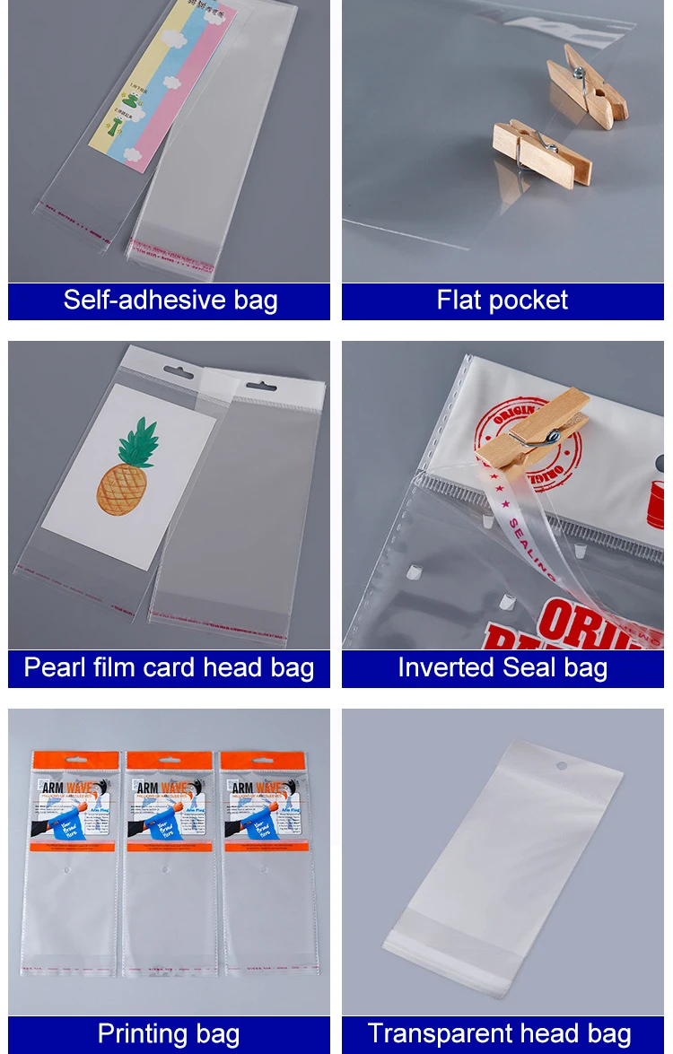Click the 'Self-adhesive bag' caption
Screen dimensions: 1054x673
(170, 301)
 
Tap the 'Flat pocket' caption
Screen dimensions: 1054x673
(503, 301)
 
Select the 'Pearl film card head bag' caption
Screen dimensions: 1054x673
(170, 668)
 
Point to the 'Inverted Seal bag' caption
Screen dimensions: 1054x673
(503, 668)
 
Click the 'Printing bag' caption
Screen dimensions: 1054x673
(170, 1034)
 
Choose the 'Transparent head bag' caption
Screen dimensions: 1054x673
(503, 1034)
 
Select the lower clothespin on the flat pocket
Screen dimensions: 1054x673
(541, 152)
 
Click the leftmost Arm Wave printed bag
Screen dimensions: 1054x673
(70, 861)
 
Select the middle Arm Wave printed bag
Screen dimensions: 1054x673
(169, 861)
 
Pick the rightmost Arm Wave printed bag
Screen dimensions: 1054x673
(267, 861)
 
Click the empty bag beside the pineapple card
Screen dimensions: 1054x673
(242, 502)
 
